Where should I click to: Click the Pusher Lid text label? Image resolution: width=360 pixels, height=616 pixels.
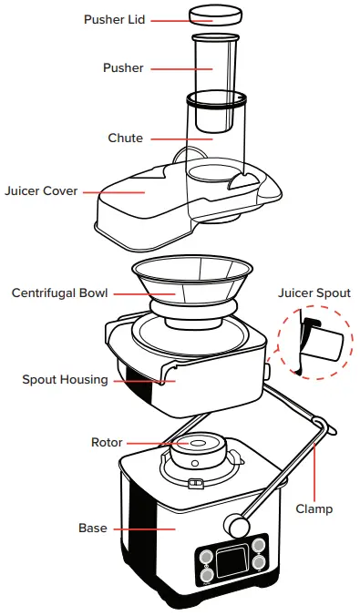[x=114, y=19]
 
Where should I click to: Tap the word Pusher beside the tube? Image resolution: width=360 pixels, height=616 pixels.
[x=123, y=68]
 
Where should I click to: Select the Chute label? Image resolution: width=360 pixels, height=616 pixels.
[x=125, y=139]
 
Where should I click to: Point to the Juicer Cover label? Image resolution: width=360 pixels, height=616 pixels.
[x=41, y=191]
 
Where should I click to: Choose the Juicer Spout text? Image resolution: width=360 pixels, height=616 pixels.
[x=314, y=293]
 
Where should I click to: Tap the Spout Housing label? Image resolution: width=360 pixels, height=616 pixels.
[x=65, y=379]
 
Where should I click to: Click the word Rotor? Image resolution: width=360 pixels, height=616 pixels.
[x=106, y=443]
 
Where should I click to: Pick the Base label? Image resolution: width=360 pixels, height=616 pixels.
[x=91, y=529]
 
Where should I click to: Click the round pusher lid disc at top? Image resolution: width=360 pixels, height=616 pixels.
[x=216, y=15]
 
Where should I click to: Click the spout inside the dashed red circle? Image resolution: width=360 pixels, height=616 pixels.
[x=321, y=344]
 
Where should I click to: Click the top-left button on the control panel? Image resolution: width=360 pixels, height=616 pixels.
[x=206, y=556]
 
